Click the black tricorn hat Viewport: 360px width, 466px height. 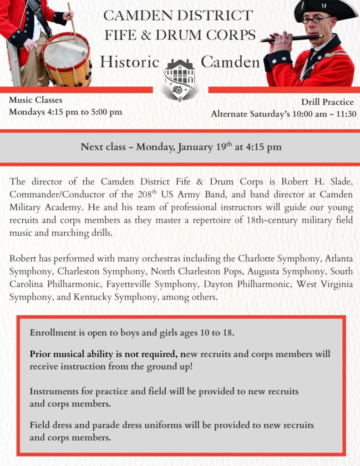[x=325, y=9]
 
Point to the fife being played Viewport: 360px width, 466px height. [x=292, y=38]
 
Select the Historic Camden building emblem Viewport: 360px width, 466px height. [x=180, y=78]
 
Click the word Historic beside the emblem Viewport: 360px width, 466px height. [x=130, y=62]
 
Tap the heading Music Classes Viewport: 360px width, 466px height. [x=35, y=100]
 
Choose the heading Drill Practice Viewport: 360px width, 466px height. [x=327, y=102]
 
